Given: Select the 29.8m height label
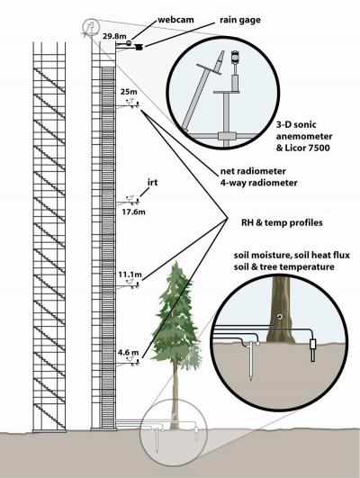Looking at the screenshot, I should click(x=114, y=37).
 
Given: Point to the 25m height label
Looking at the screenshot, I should click(x=129, y=91).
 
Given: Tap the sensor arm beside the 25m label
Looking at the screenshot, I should click(x=131, y=104).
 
